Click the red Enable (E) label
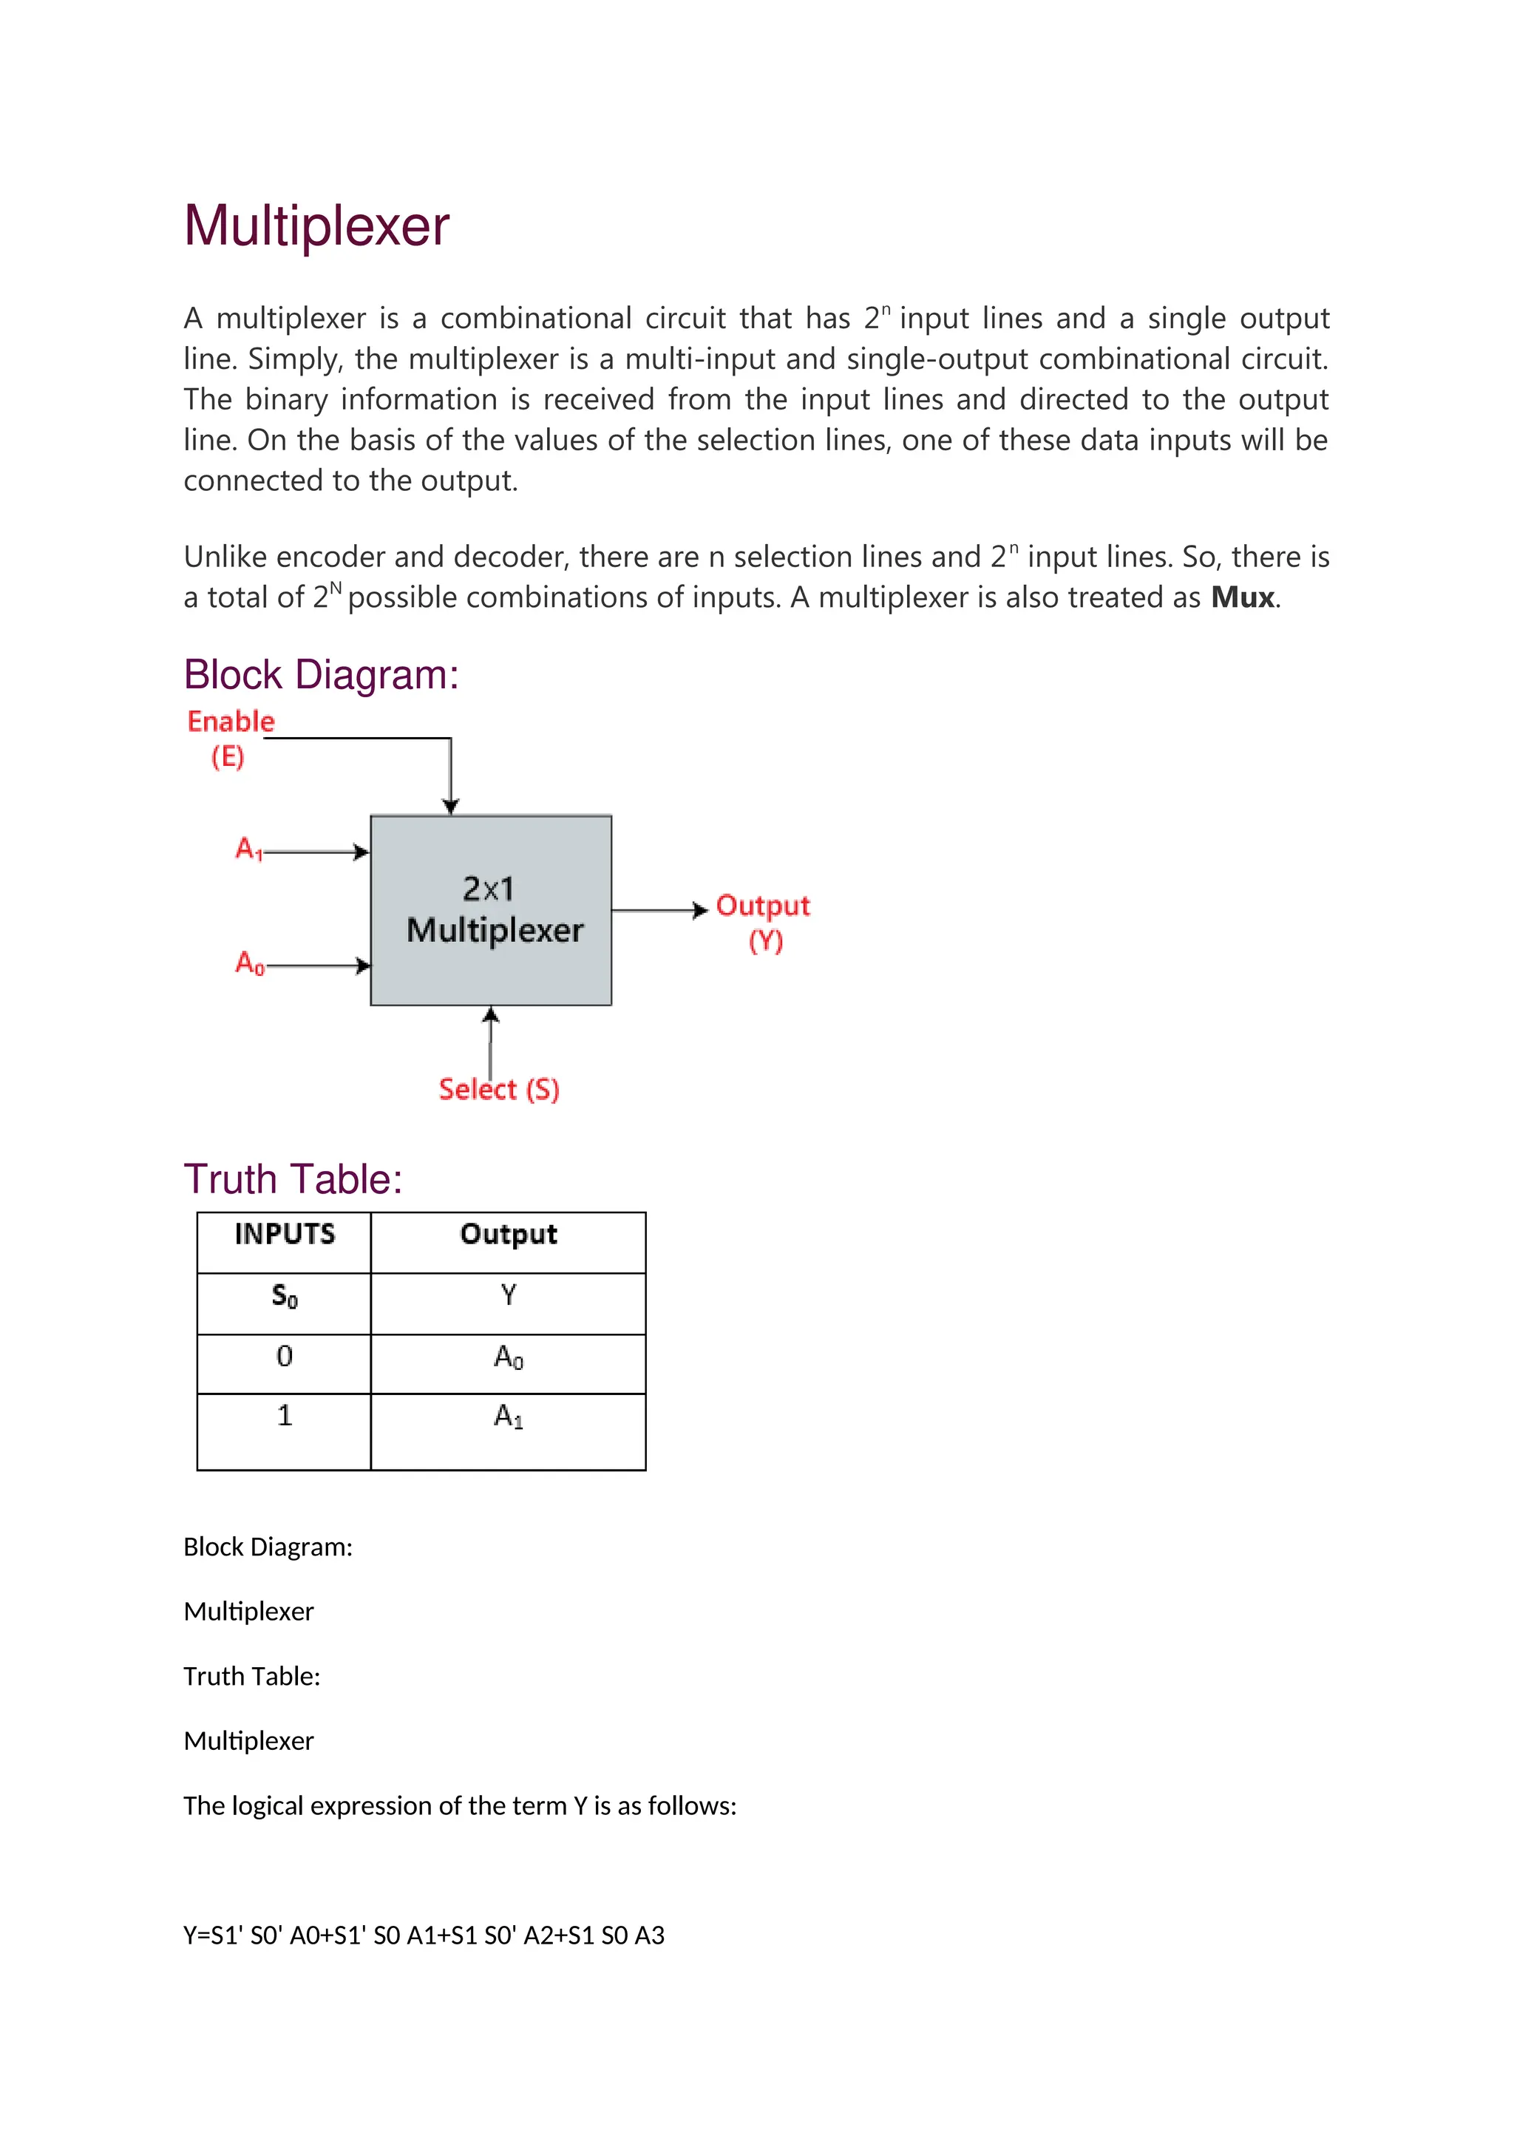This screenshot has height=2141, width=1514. (230, 736)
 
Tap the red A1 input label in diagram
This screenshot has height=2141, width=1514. (248, 849)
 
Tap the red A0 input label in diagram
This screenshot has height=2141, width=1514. (249, 963)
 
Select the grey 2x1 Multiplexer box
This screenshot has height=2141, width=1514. (492, 910)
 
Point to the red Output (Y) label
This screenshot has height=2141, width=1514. (763, 921)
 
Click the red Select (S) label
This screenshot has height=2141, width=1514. (499, 1089)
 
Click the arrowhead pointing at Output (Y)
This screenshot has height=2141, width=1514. (701, 910)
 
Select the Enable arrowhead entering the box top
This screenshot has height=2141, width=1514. (451, 807)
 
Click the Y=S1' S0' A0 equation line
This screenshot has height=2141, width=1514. (424, 1936)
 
